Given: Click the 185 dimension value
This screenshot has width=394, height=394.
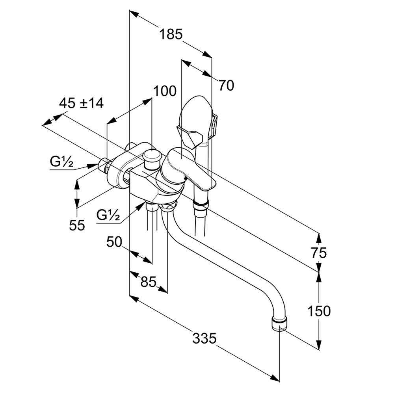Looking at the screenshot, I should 171,34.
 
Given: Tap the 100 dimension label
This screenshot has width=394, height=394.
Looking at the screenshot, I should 165,91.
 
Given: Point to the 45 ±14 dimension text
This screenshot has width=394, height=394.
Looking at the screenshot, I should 81,103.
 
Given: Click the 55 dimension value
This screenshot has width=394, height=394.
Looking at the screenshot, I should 77,225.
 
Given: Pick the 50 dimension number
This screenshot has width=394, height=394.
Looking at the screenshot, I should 114,242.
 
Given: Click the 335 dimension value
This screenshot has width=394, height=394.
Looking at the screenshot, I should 204,338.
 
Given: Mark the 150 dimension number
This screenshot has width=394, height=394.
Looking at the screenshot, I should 319,311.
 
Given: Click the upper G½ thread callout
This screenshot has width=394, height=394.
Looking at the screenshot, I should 61,161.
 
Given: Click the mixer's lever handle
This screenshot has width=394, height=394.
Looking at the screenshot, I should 193,169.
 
